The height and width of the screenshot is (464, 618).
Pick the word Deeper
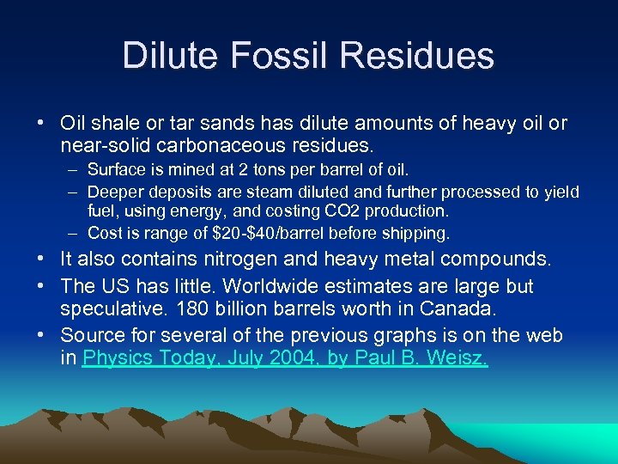(116, 192)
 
